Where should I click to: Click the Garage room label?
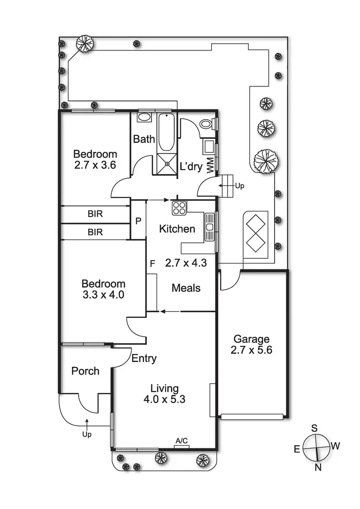[252, 339]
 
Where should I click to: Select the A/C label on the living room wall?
[181, 440]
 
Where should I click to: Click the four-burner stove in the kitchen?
[180, 208]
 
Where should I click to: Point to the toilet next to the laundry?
[206, 124]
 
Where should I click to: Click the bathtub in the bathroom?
[167, 132]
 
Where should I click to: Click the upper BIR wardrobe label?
[96, 213]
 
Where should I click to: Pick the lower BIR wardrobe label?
[96, 232]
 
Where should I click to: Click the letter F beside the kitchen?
[152, 264]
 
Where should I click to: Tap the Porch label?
[85, 371]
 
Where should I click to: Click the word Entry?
[144, 358]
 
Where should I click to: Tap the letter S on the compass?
[314, 428]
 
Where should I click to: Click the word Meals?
[186, 288]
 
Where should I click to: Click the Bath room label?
[144, 139]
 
